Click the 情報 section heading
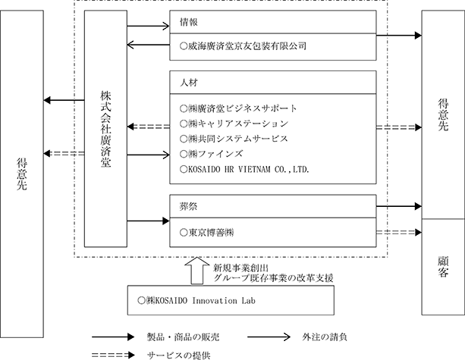coord(189,22)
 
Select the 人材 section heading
coord(189,83)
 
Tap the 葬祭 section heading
coord(189,206)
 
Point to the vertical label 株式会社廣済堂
coord(105,129)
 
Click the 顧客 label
coord(443,267)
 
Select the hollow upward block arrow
coord(197,271)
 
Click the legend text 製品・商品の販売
coord(184,337)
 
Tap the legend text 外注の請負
coord(325,337)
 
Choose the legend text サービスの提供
coord(179,355)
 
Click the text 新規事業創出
coord(241,268)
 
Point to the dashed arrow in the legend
coord(113,355)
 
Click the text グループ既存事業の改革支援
coord(273,278)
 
